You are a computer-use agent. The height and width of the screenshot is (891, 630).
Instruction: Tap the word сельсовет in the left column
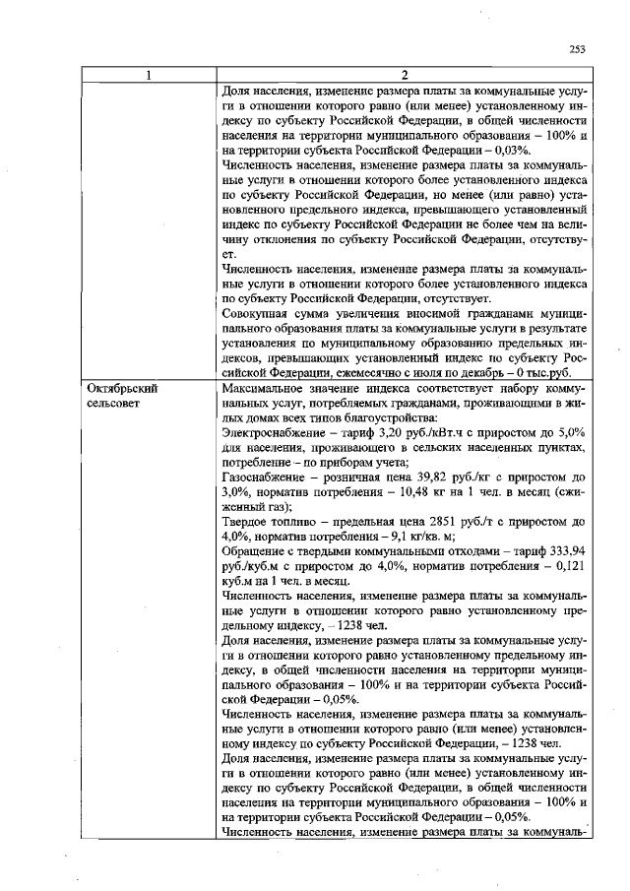click(x=113, y=403)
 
